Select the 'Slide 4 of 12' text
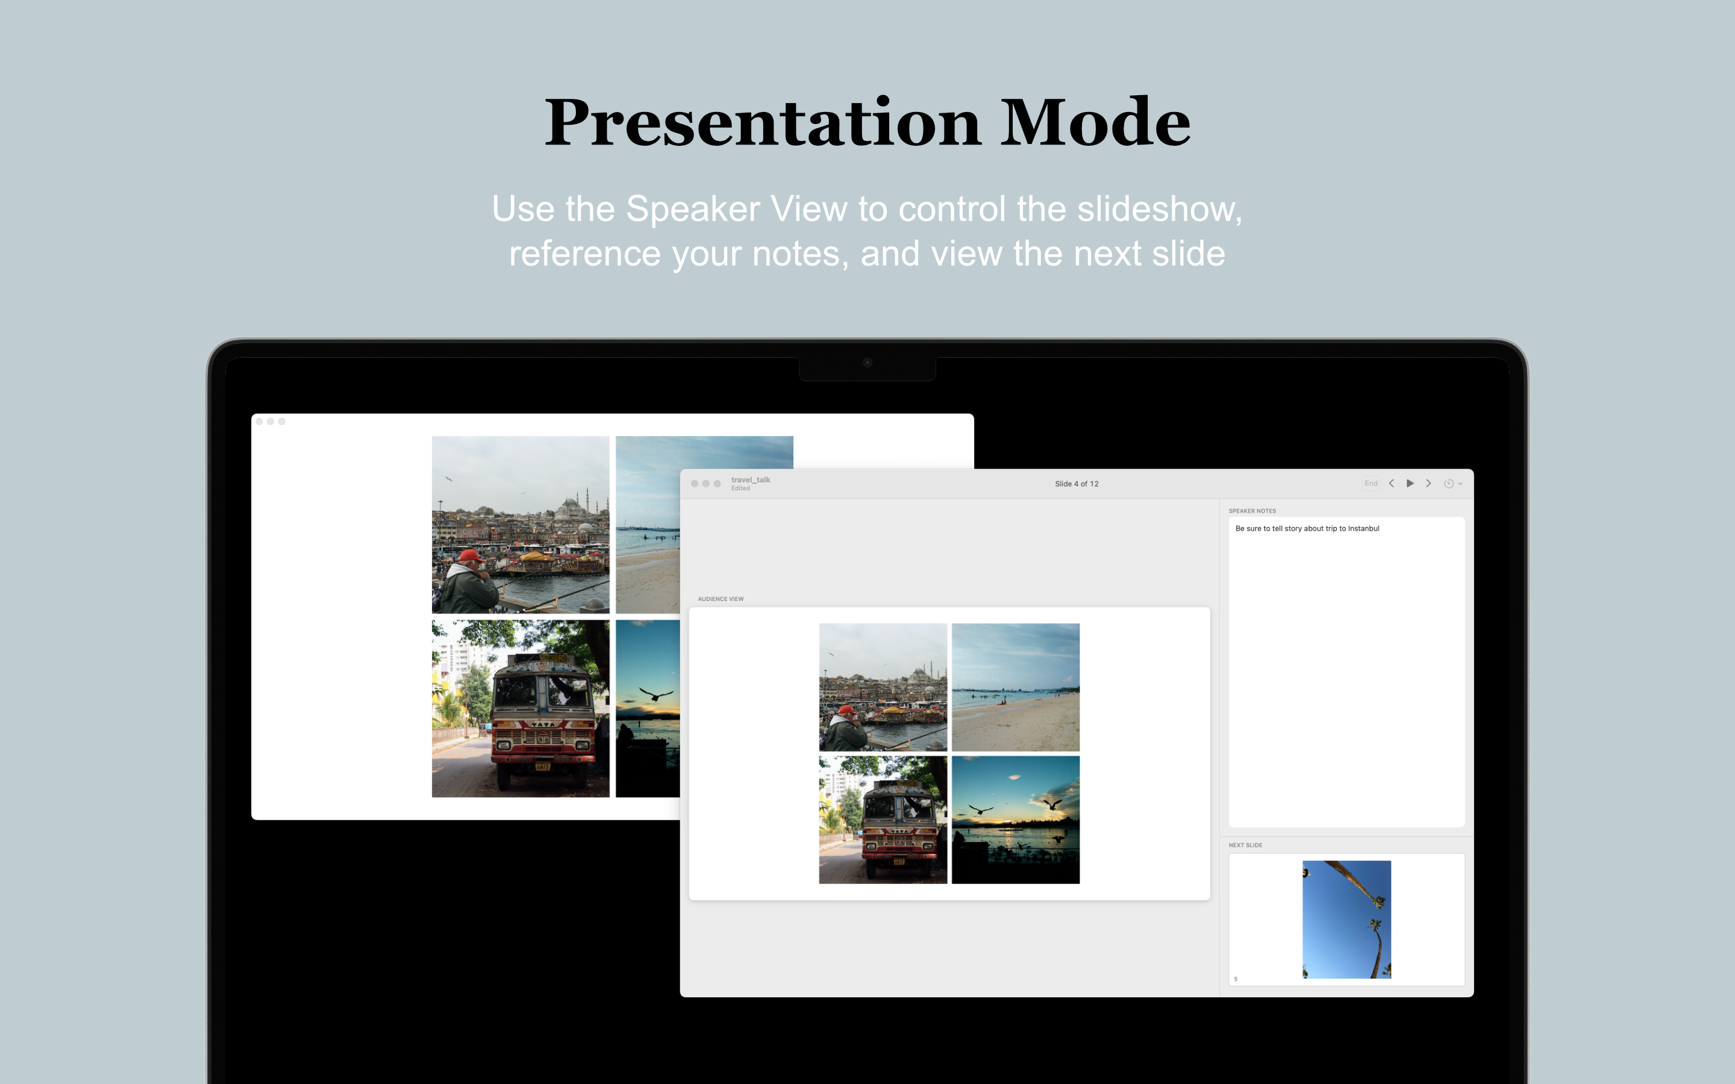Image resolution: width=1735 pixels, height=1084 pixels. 1076,484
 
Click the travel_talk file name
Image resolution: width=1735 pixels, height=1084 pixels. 750,479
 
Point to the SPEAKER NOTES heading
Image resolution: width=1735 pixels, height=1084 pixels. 1252,511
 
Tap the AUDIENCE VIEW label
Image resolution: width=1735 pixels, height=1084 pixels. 721,599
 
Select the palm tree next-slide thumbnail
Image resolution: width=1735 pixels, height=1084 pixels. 1346,919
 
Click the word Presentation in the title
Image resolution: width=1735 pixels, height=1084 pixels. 761,123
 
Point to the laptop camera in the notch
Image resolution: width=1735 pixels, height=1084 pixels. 867,363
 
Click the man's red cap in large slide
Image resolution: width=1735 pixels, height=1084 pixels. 470,556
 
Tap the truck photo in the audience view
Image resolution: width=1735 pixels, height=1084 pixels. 883,820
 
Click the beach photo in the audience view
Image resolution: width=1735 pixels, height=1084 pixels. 1015,687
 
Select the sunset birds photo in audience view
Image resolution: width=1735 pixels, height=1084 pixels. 1015,820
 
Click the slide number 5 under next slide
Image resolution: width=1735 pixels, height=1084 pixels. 1236,979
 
